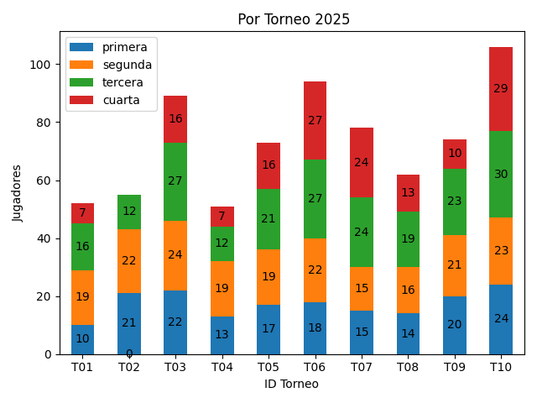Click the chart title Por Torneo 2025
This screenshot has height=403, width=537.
[x=294, y=19]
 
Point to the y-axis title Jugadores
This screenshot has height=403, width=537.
[x=18, y=193]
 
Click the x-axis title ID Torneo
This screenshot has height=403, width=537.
[x=291, y=384]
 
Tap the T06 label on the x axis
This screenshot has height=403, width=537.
[x=315, y=367]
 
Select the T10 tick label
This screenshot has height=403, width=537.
[x=501, y=367]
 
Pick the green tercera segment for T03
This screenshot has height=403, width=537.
[x=175, y=181]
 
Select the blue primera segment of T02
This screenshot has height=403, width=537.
[x=129, y=324]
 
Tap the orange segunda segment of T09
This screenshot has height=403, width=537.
[x=455, y=265]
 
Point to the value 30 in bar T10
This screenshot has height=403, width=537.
[x=501, y=175]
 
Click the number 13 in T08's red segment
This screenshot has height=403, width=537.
[x=408, y=193]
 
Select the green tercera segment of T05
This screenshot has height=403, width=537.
[x=268, y=219]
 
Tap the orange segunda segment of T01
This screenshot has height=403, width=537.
[x=82, y=297]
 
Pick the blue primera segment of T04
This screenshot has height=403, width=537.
[x=222, y=335]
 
